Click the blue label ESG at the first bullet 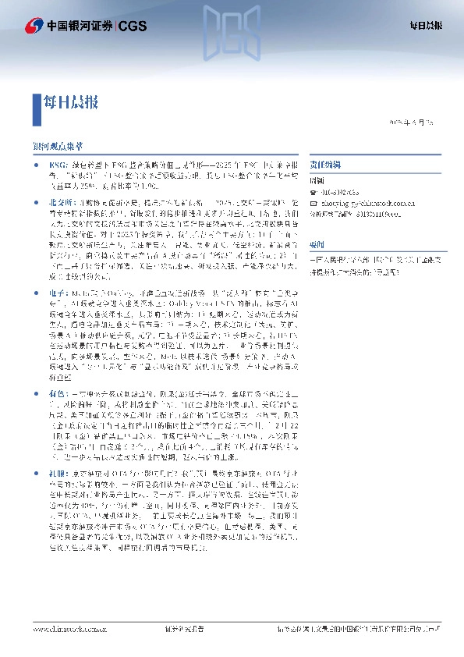[x=58, y=165]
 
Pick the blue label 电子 [x=56, y=269]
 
